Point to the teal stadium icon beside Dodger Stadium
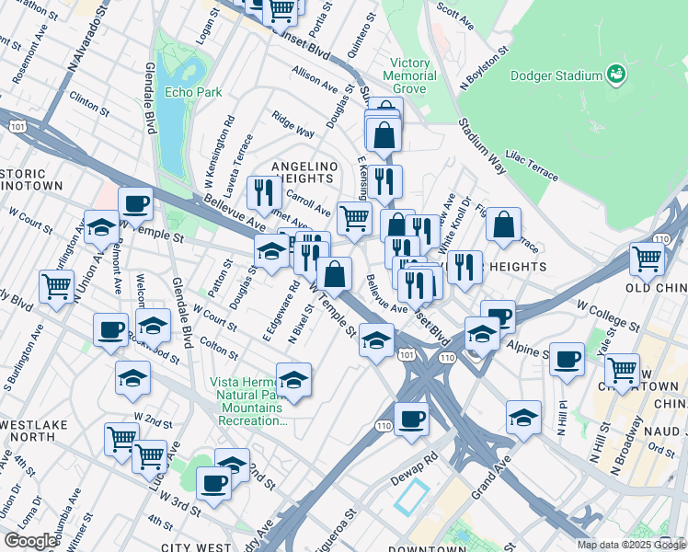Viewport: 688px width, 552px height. (616, 74)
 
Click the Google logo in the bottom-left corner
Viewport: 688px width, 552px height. (30, 541)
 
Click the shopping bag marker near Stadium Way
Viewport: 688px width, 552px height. (503, 224)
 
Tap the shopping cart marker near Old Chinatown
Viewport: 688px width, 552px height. (647, 259)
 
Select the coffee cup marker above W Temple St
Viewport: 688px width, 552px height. (135, 203)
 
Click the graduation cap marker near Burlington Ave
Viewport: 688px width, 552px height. (100, 226)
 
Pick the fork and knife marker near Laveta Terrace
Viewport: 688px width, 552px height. (264, 192)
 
